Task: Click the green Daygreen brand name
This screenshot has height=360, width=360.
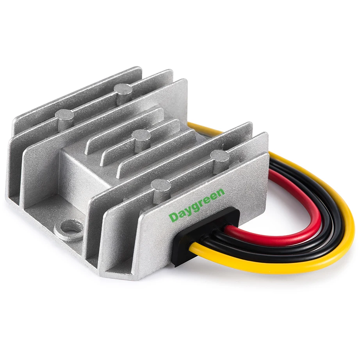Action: coord(197,205)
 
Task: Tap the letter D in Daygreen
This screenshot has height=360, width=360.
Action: coord(173,217)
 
